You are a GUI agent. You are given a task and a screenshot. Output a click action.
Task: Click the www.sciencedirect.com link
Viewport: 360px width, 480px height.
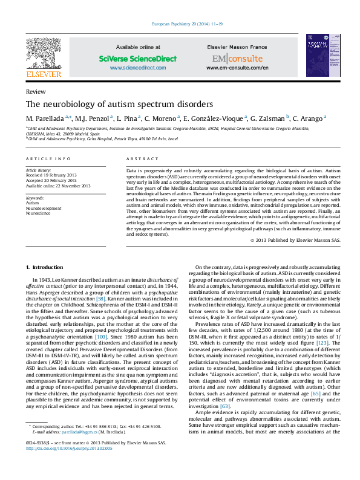pos(137,68)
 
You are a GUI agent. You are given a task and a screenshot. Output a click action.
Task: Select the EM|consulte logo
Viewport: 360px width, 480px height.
pos(237,59)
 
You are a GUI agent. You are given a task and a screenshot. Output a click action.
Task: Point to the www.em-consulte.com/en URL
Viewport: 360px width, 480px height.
pos(237,68)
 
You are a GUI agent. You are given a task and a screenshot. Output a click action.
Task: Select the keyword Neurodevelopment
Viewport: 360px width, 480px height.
pos(43,208)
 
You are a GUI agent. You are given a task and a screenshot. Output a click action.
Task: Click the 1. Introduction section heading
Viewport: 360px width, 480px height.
pos(46,267)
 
